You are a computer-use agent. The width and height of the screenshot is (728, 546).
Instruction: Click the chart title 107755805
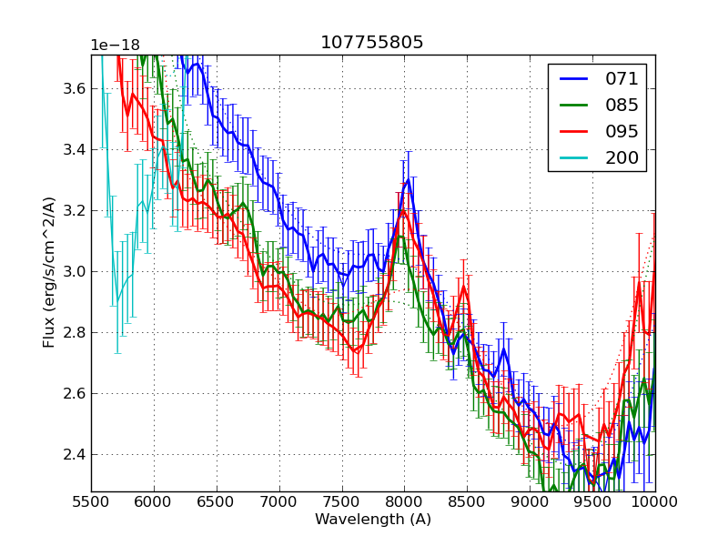[x=372, y=43]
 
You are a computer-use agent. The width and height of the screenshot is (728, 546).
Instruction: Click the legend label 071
[x=622, y=79]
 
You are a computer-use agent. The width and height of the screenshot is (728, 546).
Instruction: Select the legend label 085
[x=622, y=106]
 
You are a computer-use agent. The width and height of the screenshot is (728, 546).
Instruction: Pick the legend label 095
[x=622, y=132]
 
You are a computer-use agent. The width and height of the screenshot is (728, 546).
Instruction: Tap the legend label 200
[x=622, y=158]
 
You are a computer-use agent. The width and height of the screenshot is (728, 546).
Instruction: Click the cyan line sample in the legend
[x=573, y=158]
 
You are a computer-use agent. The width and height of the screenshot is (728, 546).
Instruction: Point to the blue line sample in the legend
[x=573, y=79]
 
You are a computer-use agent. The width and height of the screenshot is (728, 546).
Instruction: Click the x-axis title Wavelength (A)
[x=373, y=520]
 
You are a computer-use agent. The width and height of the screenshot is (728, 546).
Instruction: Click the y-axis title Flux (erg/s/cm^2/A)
[x=49, y=271]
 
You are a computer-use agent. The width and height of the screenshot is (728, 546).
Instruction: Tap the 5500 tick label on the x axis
[x=91, y=502]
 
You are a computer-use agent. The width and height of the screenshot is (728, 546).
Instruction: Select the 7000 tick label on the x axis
[x=278, y=502]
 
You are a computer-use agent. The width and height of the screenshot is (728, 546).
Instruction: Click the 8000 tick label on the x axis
[x=404, y=502]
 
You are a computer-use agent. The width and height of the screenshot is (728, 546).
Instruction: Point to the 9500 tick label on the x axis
[x=592, y=502]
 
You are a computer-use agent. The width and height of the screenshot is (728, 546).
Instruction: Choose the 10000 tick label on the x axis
[x=653, y=502]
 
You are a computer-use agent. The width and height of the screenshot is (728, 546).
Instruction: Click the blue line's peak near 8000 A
[x=409, y=178]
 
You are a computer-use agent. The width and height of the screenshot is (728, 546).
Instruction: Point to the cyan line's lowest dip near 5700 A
[x=116, y=302]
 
